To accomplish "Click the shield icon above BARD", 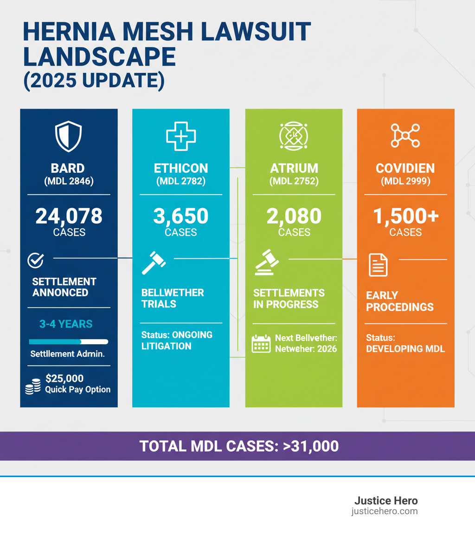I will click(x=68, y=136).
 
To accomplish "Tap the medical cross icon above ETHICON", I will click(x=181, y=136).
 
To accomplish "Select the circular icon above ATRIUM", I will click(x=294, y=136).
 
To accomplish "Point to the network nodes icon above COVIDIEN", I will click(x=405, y=136).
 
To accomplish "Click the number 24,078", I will click(x=69, y=216).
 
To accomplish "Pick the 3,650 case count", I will click(x=181, y=216).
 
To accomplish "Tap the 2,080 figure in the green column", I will click(x=294, y=216).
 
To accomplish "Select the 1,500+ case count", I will click(x=405, y=216).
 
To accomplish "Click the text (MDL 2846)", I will click(x=69, y=182).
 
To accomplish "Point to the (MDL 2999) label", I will click(x=405, y=182).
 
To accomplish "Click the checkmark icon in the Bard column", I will click(x=36, y=261).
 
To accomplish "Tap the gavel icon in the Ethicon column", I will click(x=154, y=262).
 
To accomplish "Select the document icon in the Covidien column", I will click(x=378, y=265).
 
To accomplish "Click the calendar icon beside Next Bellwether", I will click(x=261, y=344).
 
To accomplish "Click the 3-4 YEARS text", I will click(x=66, y=324).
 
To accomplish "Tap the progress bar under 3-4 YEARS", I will click(x=69, y=342).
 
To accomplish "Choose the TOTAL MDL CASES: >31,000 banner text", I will click(x=239, y=446).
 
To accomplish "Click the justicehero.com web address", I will click(x=384, y=511).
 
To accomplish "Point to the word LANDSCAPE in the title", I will click(x=99, y=57).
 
